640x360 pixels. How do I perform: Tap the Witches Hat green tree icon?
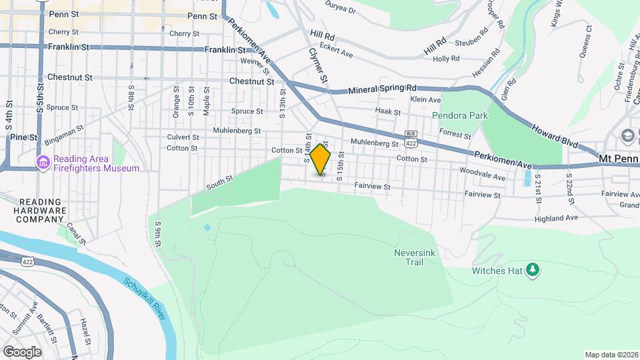(x=532, y=269)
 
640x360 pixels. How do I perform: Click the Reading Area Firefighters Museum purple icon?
(x=43, y=163)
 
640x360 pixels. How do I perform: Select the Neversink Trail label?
(x=418, y=258)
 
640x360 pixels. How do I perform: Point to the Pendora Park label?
(x=460, y=115)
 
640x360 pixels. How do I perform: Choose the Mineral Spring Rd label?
(x=383, y=89)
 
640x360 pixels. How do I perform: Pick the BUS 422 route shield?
(x=411, y=140)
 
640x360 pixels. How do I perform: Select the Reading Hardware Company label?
(x=34, y=210)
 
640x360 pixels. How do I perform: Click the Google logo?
(x=21, y=351)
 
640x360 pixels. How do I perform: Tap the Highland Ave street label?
(x=556, y=218)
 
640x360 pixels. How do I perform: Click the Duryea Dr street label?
(x=340, y=11)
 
